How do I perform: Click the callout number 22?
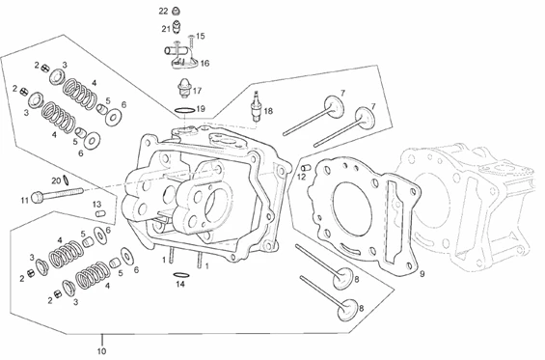163,12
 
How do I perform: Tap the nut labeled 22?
176,12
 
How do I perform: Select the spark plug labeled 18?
257,106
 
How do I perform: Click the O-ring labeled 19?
184,111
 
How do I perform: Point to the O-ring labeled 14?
181,275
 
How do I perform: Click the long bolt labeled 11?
57,194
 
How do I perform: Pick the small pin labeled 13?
100,213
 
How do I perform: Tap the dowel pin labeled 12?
306,167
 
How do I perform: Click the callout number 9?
422,274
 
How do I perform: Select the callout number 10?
101,351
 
